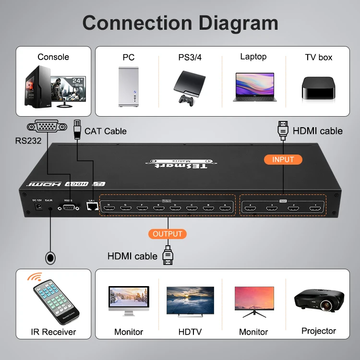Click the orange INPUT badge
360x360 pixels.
click(x=283, y=159)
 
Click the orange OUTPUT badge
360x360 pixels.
click(x=168, y=234)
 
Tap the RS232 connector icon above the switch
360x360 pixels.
click(x=47, y=127)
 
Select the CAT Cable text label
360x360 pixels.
click(x=105, y=131)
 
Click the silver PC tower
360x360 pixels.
click(x=128, y=86)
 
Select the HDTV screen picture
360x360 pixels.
click(x=190, y=301)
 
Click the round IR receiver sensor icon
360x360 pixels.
click(x=50, y=258)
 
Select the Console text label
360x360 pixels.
click(x=53, y=57)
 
